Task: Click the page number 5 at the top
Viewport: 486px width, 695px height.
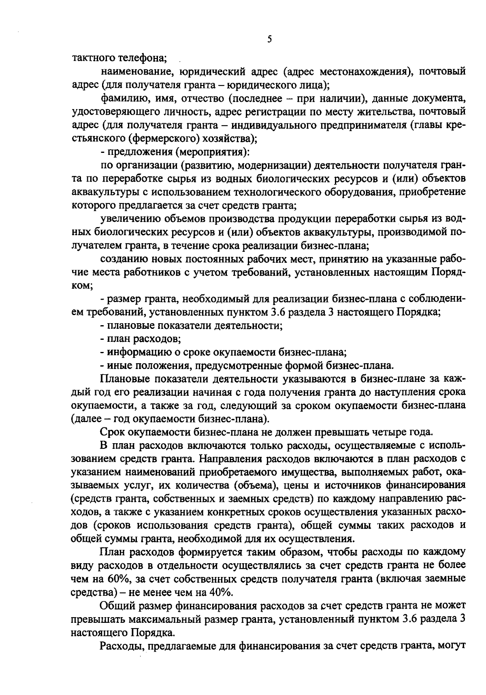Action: (269, 40)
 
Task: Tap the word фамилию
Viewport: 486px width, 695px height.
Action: (120, 99)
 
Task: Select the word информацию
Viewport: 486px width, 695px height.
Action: (134, 352)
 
